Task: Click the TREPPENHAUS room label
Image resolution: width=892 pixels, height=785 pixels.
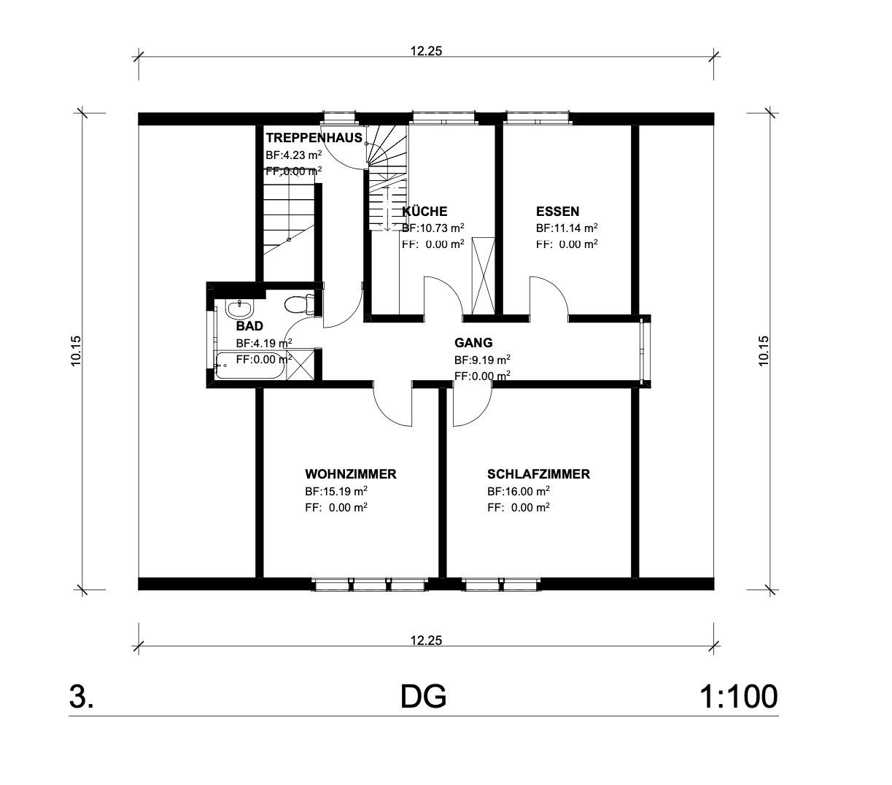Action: (314, 138)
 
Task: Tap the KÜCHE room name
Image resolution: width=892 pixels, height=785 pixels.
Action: (425, 212)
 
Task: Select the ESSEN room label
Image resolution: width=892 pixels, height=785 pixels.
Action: (557, 212)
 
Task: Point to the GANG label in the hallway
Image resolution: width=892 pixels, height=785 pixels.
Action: (473, 343)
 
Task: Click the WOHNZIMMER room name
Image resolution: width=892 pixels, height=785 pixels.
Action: (351, 474)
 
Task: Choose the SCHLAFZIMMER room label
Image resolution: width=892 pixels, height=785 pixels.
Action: (538, 474)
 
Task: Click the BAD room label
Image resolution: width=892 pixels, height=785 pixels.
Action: (249, 326)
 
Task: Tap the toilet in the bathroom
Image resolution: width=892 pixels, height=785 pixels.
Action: (299, 304)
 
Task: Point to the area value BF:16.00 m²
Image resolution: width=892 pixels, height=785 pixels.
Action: (518, 491)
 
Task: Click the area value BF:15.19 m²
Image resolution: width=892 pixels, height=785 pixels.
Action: (336, 491)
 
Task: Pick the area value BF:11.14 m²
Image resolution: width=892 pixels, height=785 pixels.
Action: (567, 228)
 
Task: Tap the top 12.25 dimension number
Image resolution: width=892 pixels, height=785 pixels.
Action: (426, 51)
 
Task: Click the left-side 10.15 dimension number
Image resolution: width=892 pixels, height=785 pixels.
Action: (76, 351)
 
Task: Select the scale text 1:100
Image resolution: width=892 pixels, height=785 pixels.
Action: (738, 697)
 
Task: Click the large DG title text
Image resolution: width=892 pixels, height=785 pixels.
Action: (423, 697)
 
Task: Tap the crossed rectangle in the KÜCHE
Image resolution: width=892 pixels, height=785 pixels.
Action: (484, 277)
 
